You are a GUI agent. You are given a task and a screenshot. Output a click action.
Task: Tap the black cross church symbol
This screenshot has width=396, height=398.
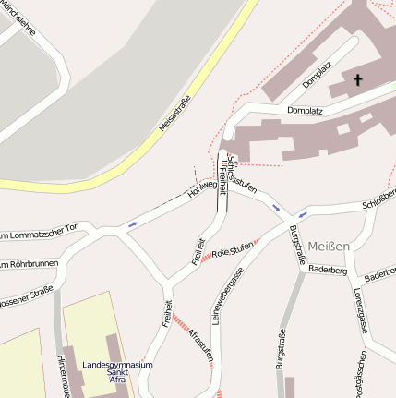point(357,80)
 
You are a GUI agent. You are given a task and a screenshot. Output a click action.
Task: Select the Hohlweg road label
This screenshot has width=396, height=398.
point(202,189)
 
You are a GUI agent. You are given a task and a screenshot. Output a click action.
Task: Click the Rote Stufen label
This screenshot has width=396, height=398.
point(233,249)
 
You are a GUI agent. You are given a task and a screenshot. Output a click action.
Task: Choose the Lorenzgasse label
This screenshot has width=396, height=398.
point(358,308)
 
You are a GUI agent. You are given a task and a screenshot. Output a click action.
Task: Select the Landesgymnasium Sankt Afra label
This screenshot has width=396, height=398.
point(117,371)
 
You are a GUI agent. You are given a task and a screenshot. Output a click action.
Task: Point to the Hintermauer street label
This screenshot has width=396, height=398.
point(62,373)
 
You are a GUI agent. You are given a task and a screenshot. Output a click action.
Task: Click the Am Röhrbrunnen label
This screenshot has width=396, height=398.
point(28,264)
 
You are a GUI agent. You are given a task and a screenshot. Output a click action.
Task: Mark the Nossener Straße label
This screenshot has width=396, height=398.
point(26,297)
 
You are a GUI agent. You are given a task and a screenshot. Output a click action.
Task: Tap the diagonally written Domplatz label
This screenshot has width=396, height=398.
point(317,74)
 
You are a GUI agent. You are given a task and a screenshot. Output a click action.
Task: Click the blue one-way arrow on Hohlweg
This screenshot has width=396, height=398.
point(133,223)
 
